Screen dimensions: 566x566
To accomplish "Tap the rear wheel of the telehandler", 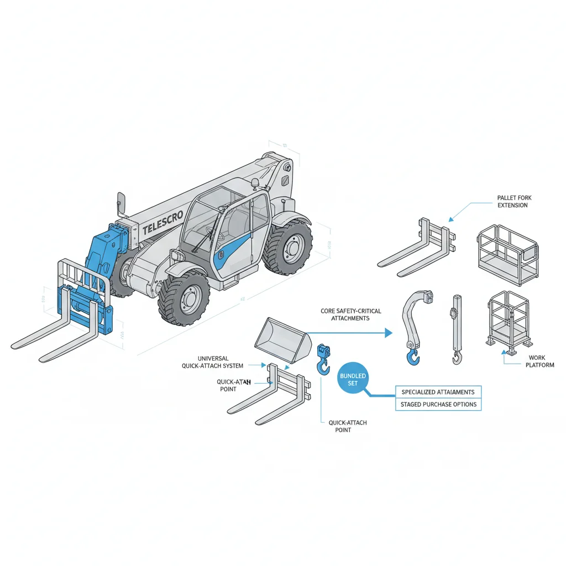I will click(x=287, y=248).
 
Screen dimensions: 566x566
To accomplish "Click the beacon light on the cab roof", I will click(x=255, y=183).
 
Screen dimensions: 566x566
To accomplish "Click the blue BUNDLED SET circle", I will click(x=353, y=379).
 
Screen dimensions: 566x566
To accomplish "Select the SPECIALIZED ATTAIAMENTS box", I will click(x=438, y=392).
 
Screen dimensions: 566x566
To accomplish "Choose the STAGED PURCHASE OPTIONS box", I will click(x=438, y=405).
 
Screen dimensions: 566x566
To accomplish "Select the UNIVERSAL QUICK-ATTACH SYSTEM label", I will click(x=213, y=362).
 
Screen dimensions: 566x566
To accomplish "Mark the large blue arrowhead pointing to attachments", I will click(x=388, y=333).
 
